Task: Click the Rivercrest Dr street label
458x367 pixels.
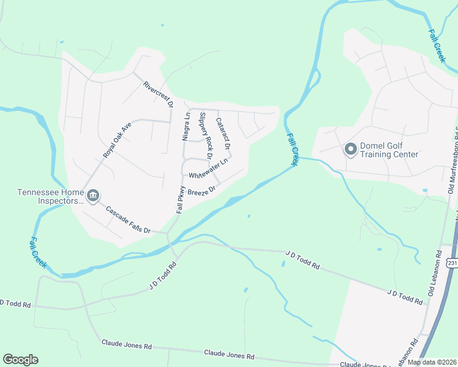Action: pyautogui.click(x=159, y=95)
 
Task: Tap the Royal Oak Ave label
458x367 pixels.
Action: pyautogui.click(x=117, y=141)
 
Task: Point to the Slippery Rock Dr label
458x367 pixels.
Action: pyautogui.click(x=205, y=135)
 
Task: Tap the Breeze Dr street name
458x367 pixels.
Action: pyautogui.click(x=202, y=191)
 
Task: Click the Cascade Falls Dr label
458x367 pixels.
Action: pyautogui.click(x=128, y=220)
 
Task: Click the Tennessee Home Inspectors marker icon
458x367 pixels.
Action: pyautogui.click(x=92, y=196)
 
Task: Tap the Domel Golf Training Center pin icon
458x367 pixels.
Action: pyautogui.click(x=351, y=149)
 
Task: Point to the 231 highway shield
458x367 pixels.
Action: pyautogui.click(x=452, y=263)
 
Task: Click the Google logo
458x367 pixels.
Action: pyautogui.click(x=20, y=360)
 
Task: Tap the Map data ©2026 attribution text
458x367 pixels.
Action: pyautogui.click(x=431, y=362)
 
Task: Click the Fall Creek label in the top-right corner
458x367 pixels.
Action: pyautogui.click(x=437, y=45)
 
